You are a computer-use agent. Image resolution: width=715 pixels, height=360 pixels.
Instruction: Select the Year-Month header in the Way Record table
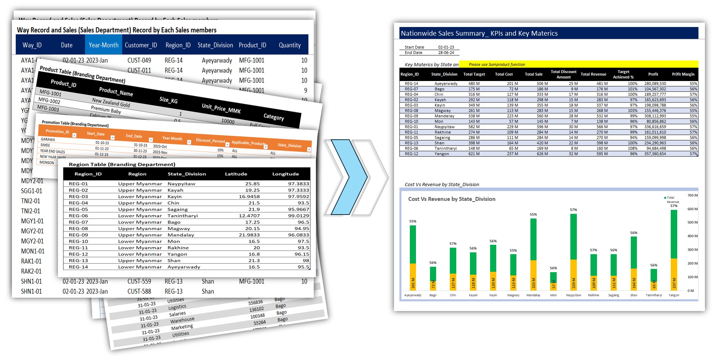(x=104, y=45)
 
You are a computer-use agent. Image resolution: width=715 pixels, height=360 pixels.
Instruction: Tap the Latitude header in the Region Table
(x=236, y=174)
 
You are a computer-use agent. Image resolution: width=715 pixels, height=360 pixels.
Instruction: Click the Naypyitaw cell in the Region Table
(x=181, y=184)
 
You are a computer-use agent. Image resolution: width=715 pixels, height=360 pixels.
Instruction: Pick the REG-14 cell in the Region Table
(x=78, y=267)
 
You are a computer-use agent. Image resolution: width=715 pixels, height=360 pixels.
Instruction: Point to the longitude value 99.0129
(x=298, y=216)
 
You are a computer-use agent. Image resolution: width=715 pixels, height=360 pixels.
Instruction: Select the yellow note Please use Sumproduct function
(x=497, y=64)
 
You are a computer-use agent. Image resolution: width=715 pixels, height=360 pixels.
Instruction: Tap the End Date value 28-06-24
(x=446, y=53)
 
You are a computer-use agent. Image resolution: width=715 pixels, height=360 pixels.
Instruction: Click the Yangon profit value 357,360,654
(x=655, y=154)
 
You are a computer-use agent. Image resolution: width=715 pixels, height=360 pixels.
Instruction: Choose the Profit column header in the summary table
(x=653, y=74)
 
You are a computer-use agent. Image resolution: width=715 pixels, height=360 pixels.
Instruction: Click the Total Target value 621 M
(x=474, y=154)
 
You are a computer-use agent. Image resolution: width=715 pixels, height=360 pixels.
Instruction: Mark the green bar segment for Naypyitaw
(x=574, y=237)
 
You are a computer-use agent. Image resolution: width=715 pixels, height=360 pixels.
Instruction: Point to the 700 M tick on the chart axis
(x=692, y=195)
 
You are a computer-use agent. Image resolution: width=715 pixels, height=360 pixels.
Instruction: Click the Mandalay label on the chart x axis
(x=533, y=295)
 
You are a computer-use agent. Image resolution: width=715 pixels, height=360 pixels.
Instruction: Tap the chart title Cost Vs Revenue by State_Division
(x=452, y=199)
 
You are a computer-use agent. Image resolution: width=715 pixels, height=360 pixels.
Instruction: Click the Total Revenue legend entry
(x=671, y=199)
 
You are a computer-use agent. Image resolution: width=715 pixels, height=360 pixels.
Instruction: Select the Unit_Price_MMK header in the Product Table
(x=221, y=108)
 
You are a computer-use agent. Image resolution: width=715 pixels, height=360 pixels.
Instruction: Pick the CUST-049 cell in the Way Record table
(x=139, y=60)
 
